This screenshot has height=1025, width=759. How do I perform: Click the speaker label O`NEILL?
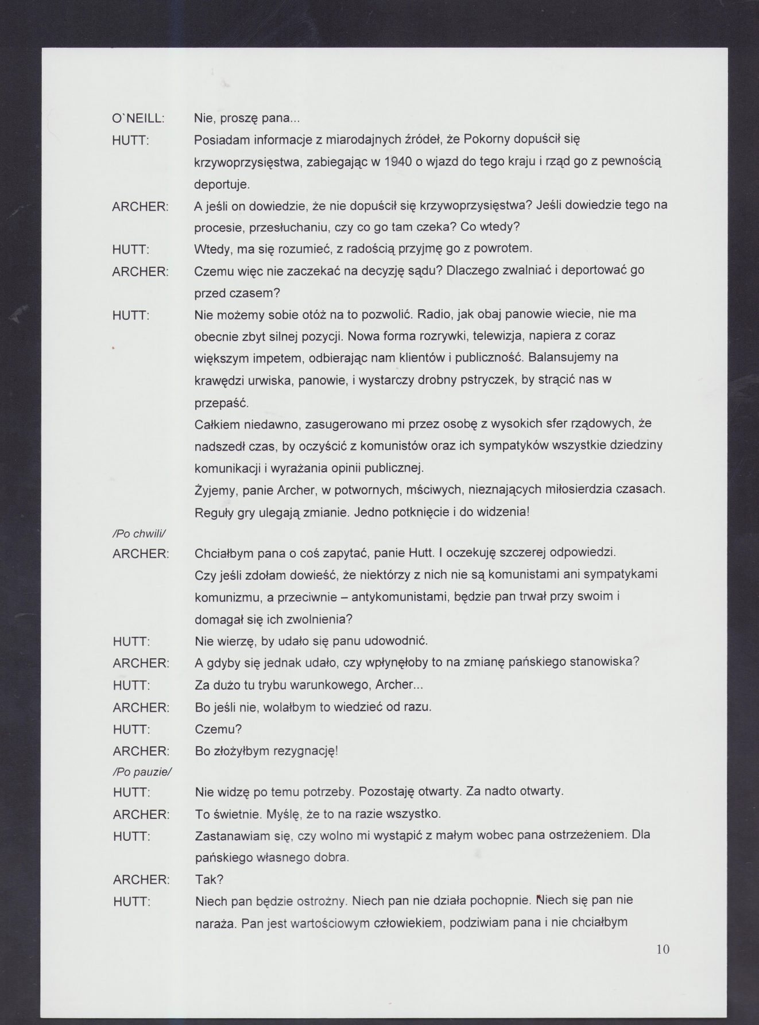138,118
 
